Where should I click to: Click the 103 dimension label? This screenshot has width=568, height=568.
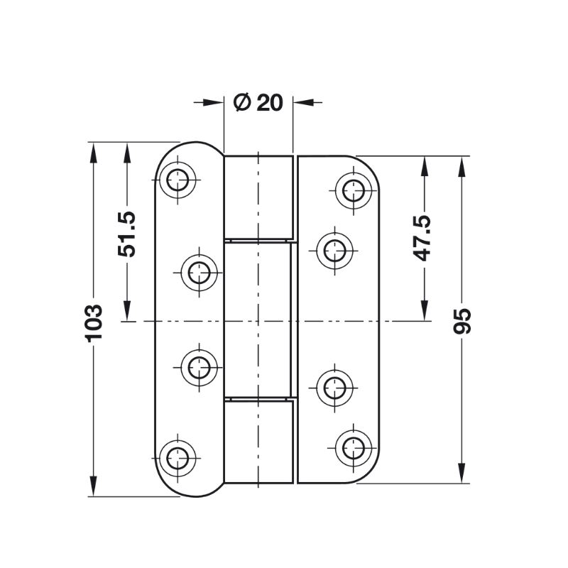(x=94, y=323)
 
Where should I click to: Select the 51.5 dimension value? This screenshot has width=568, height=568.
(x=127, y=234)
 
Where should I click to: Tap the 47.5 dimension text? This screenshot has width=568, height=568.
(x=422, y=239)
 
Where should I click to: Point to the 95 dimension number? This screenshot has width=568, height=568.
(x=462, y=322)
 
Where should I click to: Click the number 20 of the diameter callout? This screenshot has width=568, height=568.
(x=270, y=103)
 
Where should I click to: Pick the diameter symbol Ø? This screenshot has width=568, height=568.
(x=243, y=102)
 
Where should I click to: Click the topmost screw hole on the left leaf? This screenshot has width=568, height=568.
(x=177, y=180)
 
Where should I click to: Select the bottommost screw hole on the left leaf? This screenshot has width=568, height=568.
(x=177, y=458)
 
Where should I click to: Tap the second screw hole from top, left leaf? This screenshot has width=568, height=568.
(x=200, y=273)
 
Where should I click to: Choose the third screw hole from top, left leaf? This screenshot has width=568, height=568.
(x=200, y=367)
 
